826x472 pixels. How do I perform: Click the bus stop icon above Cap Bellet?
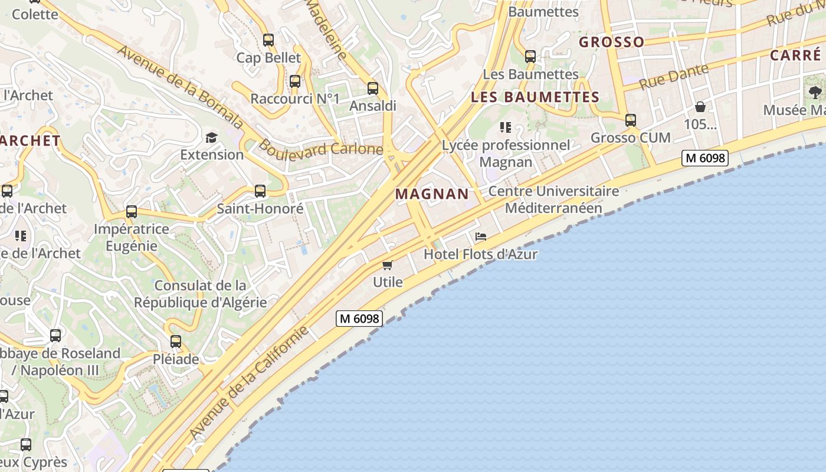(268, 40)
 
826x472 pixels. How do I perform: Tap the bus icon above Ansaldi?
(373, 88)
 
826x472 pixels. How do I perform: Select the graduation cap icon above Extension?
(211, 137)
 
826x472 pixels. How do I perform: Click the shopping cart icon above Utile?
(388, 265)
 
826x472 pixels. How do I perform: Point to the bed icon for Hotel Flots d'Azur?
(481, 237)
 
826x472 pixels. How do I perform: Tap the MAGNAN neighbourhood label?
(432, 194)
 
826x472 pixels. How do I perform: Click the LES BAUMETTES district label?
(535, 97)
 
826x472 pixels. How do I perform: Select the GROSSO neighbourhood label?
(612, 42)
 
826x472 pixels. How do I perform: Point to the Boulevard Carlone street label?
(321, 147)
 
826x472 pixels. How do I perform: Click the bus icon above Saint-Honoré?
(260, 191)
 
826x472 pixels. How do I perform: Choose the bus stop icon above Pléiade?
(176, 341)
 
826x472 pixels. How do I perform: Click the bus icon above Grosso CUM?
(631, 120)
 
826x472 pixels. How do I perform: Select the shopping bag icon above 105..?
(700, 107)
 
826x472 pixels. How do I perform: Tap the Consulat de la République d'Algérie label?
(200, 294)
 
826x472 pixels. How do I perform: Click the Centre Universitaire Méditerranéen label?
(553, 199)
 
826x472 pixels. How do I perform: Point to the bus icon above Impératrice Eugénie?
(132, 212)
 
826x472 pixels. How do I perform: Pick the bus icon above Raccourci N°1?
(295, 81)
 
